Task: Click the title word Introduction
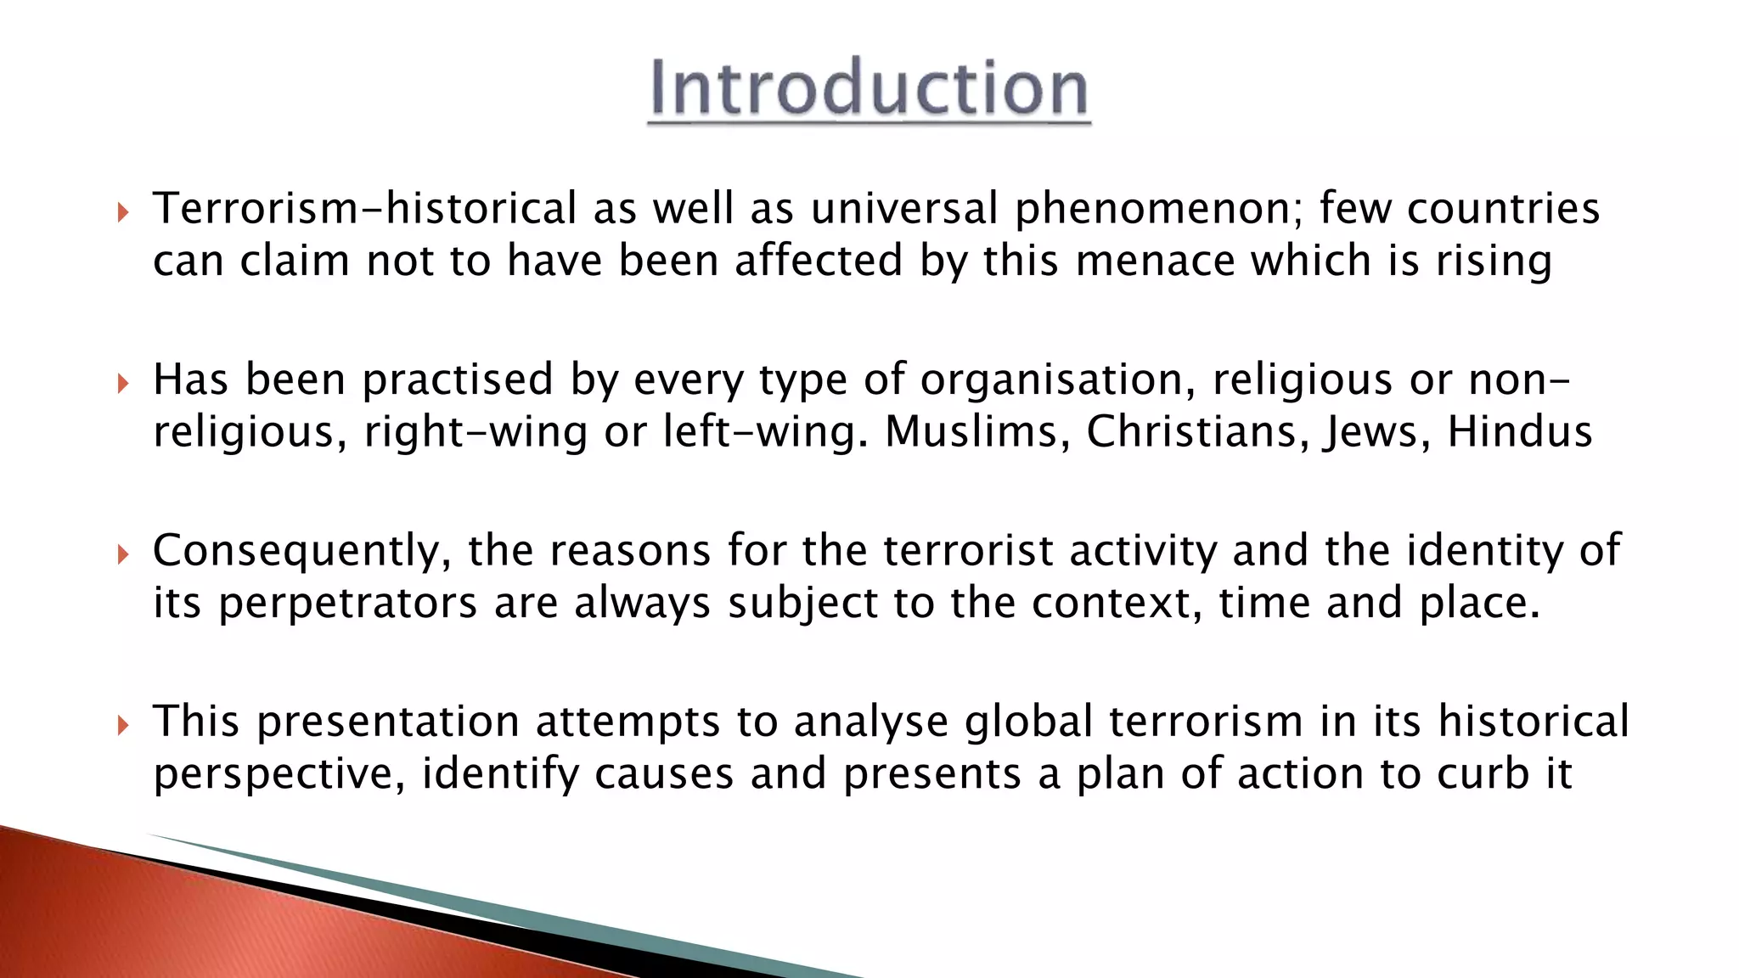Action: pos(869,88)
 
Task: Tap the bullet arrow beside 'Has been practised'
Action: pos(123,383)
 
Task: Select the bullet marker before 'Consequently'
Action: pos(123,554)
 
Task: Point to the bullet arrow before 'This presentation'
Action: pos(123,725)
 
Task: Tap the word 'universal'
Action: pos(904,209)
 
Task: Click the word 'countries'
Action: pos(1503,209)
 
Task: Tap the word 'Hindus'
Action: pos(1519,431)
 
